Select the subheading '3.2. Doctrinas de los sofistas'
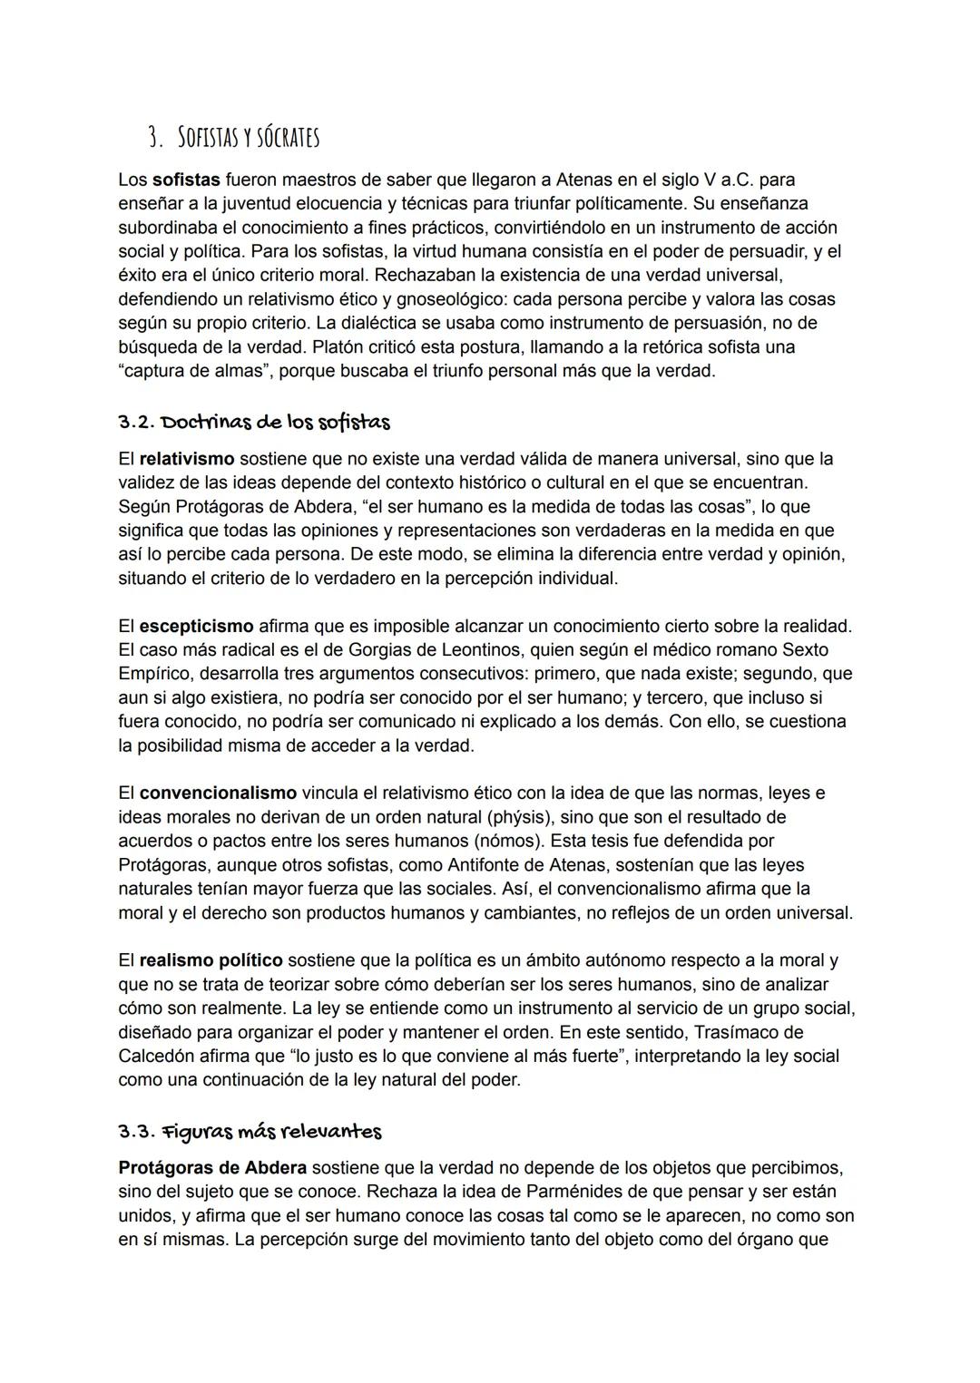click(x=254, y=422)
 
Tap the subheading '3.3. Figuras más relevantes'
click(x=250, y=1131)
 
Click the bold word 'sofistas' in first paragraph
click(x=186, y=180)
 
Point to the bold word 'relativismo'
click(x=187, y=459)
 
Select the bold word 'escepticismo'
click(x=196, y=626)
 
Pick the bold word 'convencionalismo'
click(x=218, y=793)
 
